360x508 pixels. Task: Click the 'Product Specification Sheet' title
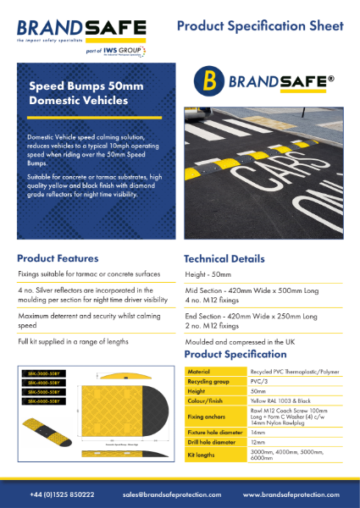tap(263, 27)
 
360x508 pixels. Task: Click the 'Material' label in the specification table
tap(200, 373)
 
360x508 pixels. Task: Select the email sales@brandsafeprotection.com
tap(172, 494)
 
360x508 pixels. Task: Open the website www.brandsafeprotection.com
tap(287, 494)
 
